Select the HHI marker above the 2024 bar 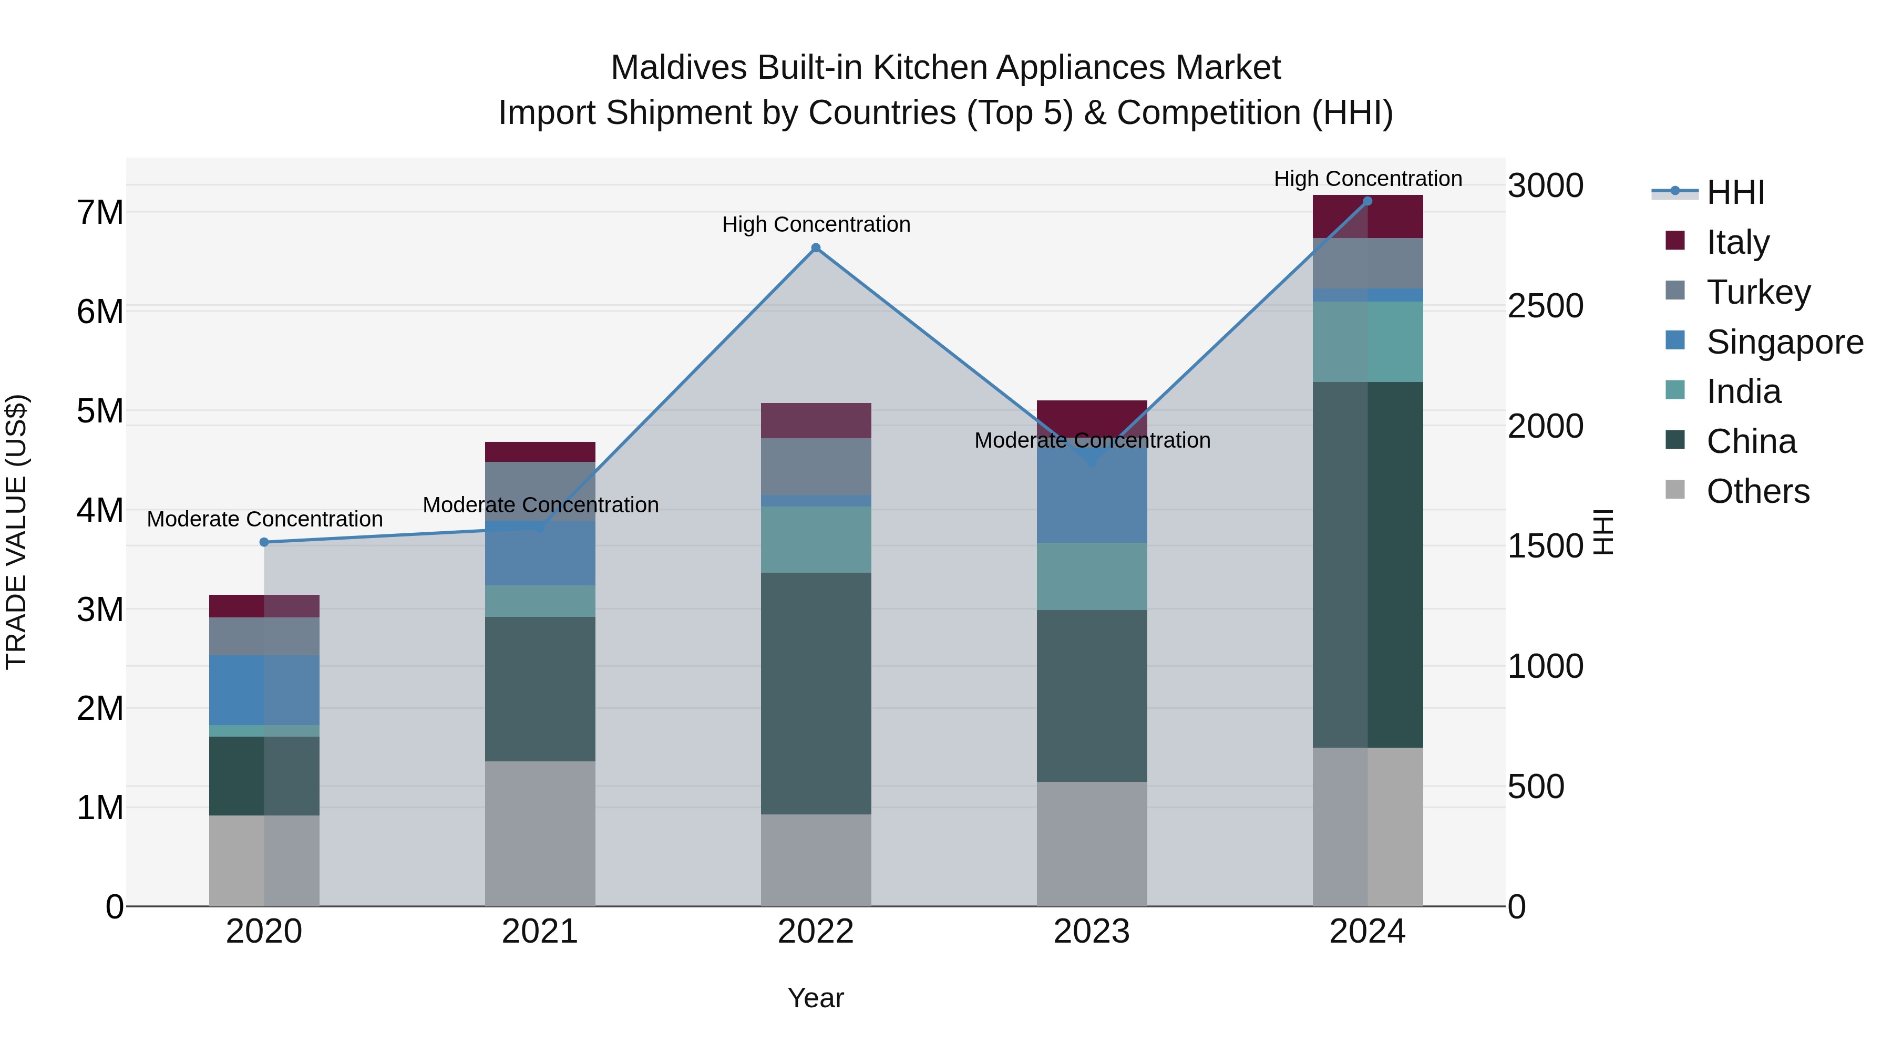coord(1367,201)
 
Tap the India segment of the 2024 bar coord(1367,342)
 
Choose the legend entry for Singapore coord(1784,342)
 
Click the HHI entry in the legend coord(1735,192)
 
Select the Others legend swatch coord(1675,489)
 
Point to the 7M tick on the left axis coord(100,213)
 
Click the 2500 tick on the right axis coord(1545,306)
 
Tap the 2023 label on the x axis coord(1092,932)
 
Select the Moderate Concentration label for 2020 coord(264,519)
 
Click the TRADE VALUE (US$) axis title coord(16,532)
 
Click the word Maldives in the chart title coord(677,68)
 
